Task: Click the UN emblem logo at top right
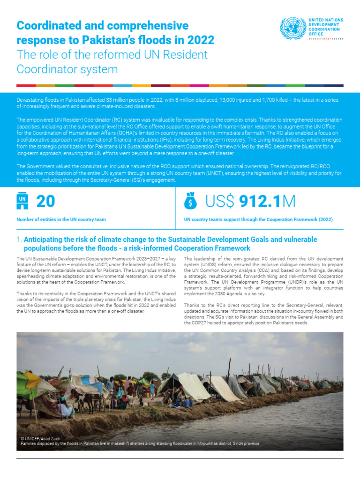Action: click(x=292, y=28)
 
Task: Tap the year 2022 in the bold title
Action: click(x=199, y=40)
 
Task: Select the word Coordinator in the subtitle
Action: click(x=47, y=69)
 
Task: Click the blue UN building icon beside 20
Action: click(x=22, y=202)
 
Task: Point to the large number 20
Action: click(x=45, y=202)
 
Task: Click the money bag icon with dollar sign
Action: click(x=191, y=202)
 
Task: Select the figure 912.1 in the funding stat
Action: click(x=259, y=202)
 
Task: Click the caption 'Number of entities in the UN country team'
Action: click(x=61, y=219)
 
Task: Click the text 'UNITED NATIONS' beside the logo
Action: click(x=325, y=20)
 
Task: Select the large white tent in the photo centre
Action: click(x=190, y=385)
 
